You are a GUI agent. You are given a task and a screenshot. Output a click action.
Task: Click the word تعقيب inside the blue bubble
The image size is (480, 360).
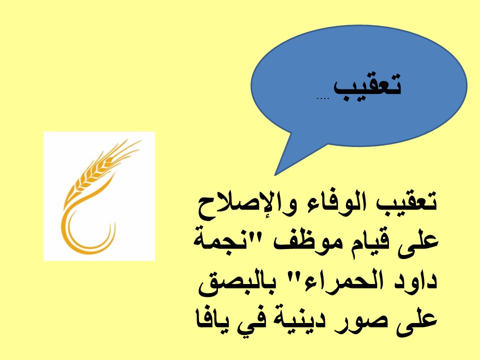[367, 87]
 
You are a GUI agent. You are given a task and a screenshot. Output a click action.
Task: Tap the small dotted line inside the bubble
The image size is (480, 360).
[322, 98]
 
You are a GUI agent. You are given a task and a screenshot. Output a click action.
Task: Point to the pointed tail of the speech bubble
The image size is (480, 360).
[275, 175]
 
